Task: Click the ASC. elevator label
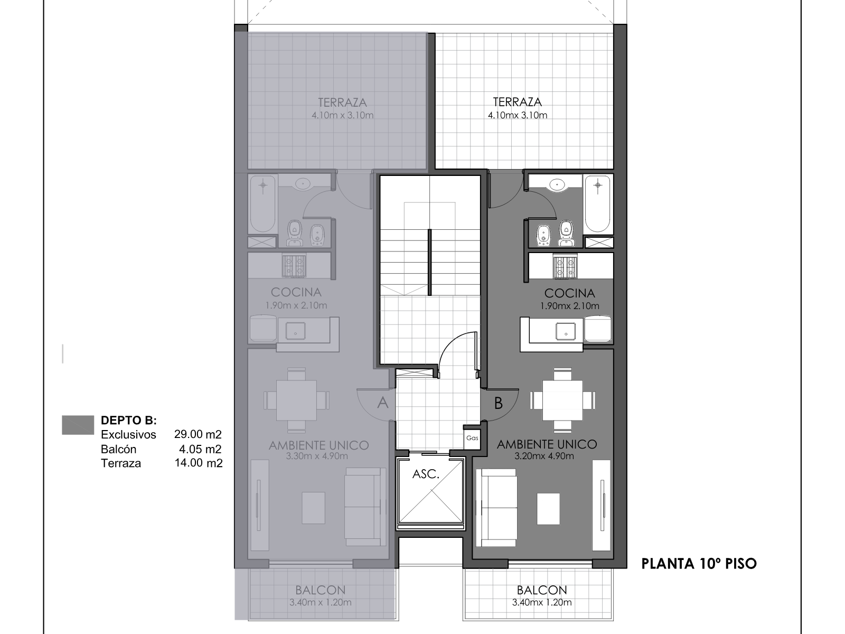pyautogui.click(x=425, y=474)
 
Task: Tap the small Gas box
pyautogui.click(x=472, y=438)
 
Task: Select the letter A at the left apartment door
pyautogui.click(x=383, y=403)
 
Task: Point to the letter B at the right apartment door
pyautogui.click(x=498, y=403)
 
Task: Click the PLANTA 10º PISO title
pyautogui.click(x=699, y=564)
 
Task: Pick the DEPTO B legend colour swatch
pyautogui.click(x=78, y=425)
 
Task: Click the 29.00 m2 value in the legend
pyautogui.click(x=198, y=434)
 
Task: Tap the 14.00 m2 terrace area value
pyautogui.click(x=199, y=463)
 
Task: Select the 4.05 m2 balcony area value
pyautogui.click(x=200, y=449)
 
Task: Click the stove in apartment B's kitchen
pyautogui.click(x=565, y=266)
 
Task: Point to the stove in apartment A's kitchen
pyautogui.click(x=294, y=266)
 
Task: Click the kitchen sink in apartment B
pyautogui.click(x=566, y=331)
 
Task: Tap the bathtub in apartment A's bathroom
pyautogui.click(x=263, y=204)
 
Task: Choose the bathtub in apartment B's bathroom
pyautogui.click(x=597, y=204)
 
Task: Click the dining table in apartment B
pyautogui.click(x=562, y=400)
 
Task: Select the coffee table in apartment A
pyautogui.click(x=313, y=508)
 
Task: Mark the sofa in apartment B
pyautogui.click(x=496, y=507)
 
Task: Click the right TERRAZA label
pyautogui.click(x=518, y=102)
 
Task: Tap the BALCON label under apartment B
pyautogui.click(x=542, y=590)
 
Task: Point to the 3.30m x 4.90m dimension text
pyautogui.click(x=317, y=456)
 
